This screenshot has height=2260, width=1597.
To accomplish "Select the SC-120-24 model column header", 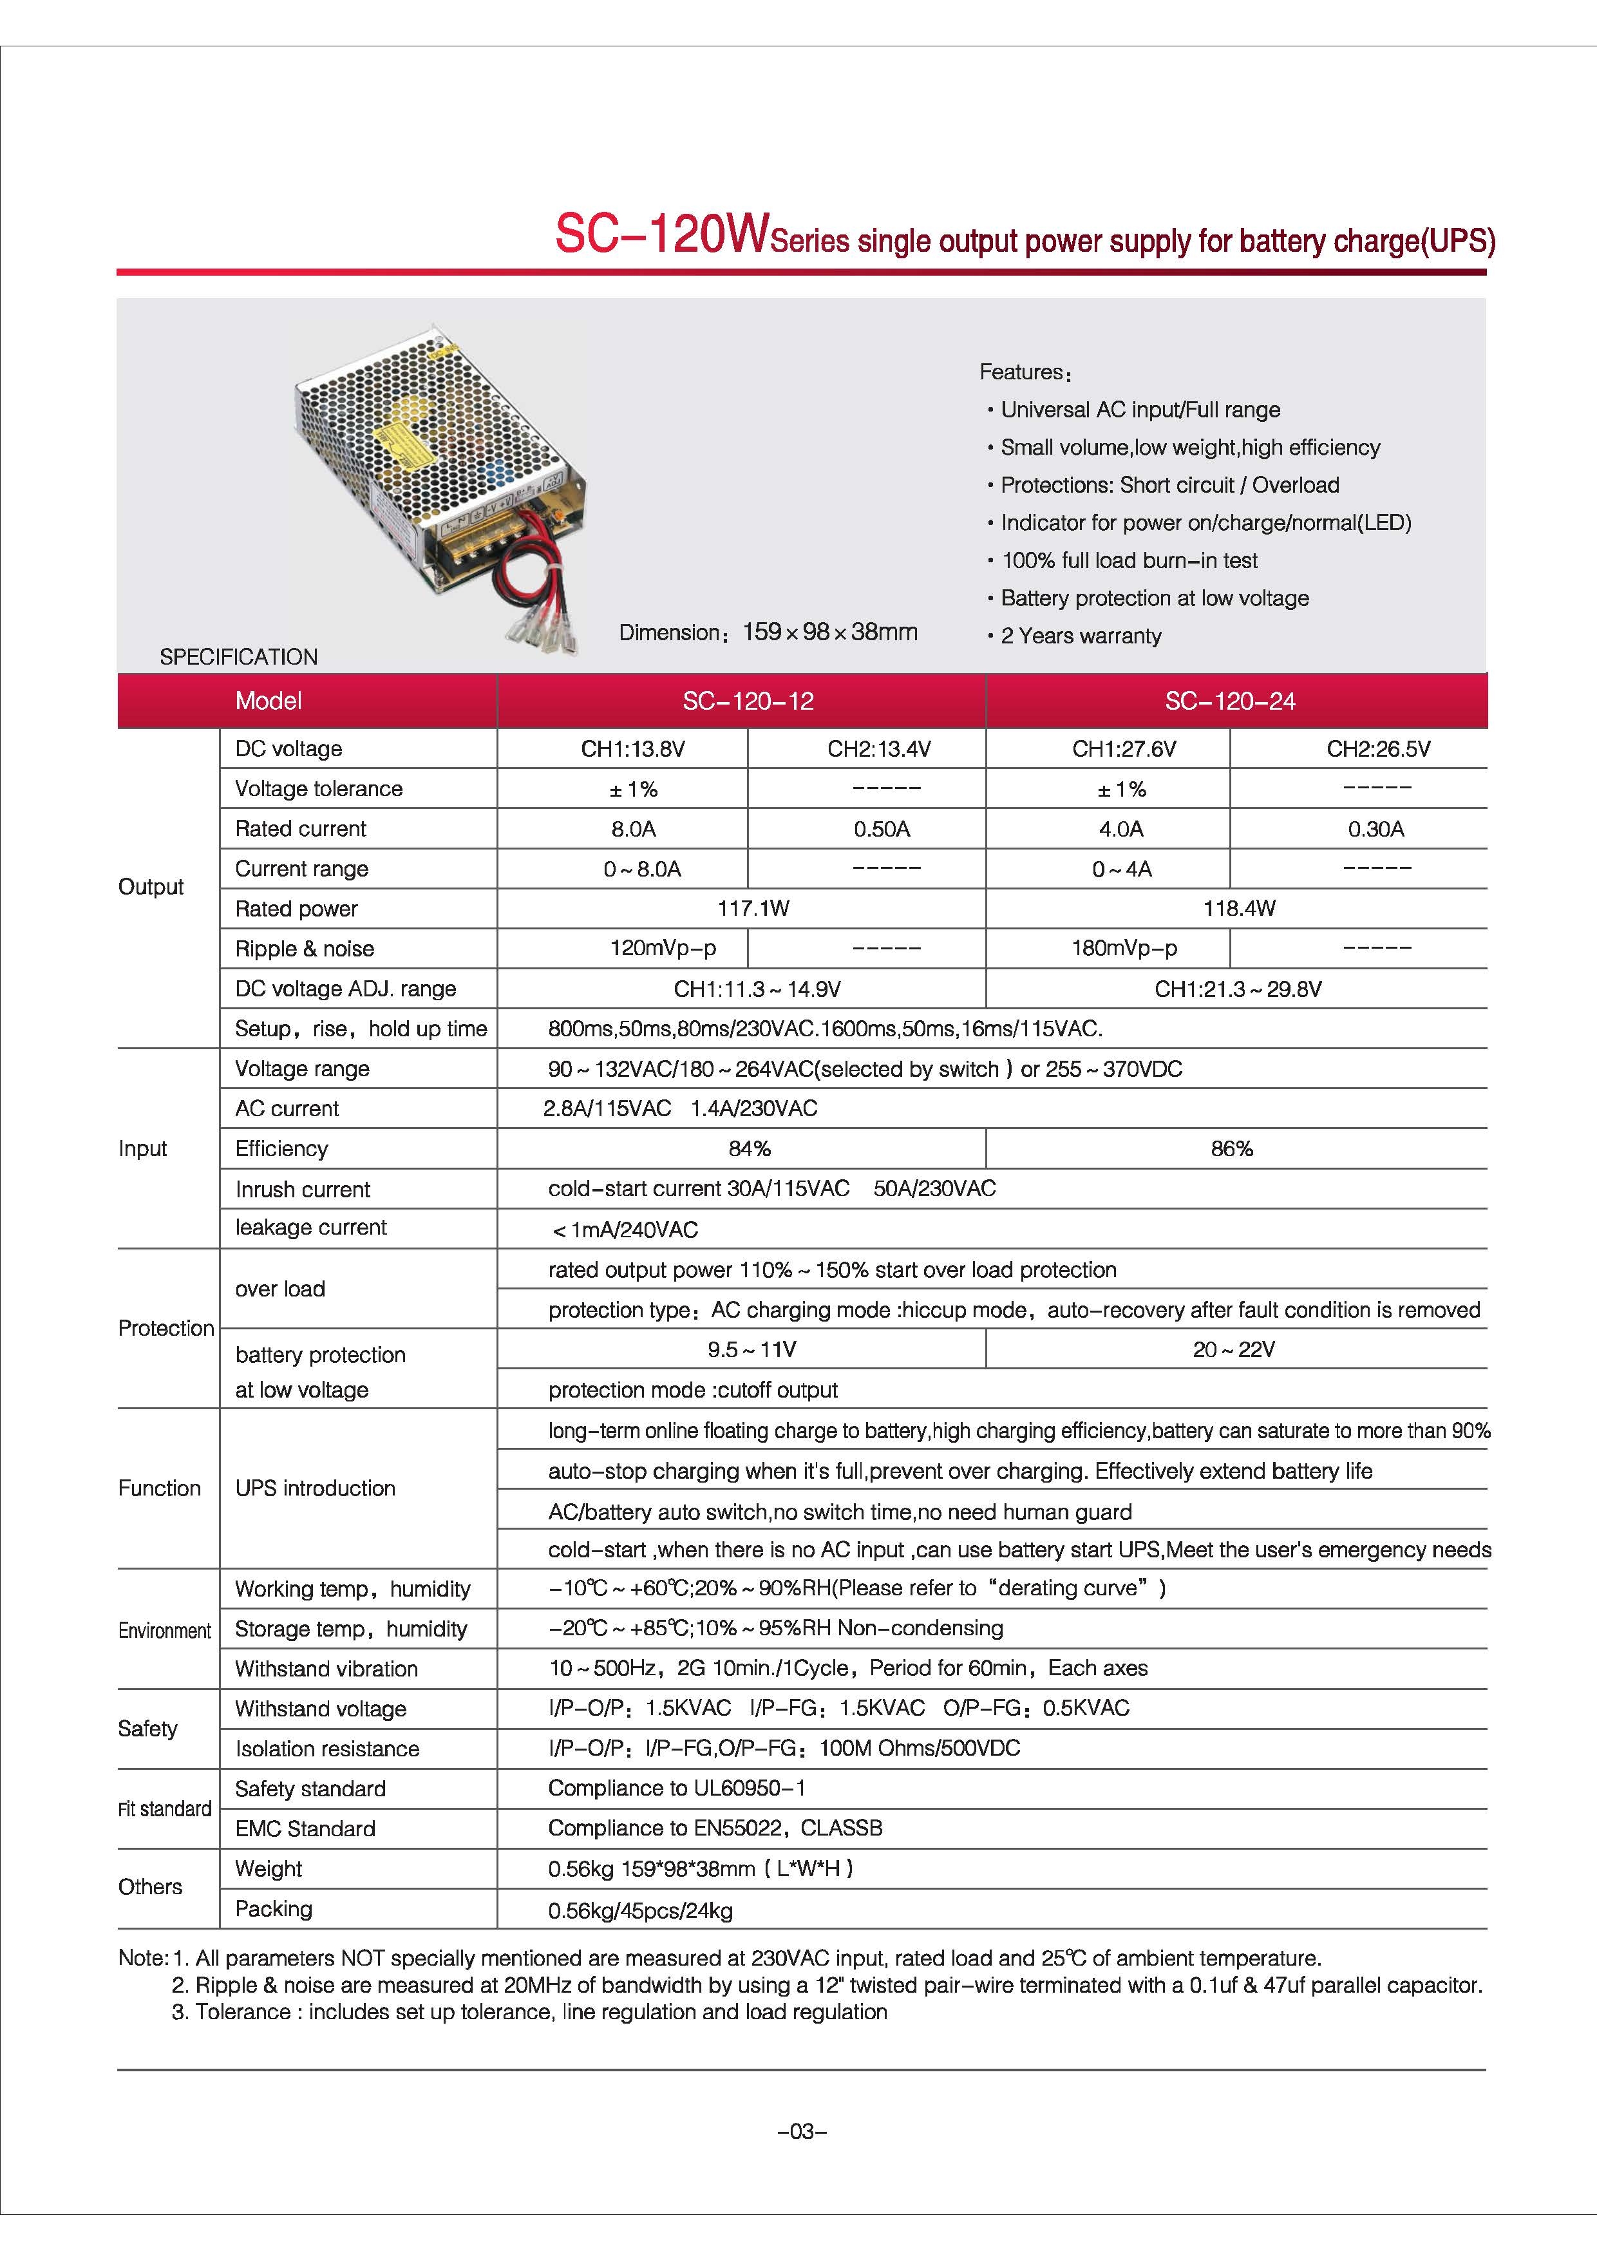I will tap(1229, 701).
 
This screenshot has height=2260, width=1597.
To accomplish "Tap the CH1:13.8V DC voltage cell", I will tap(633, 749).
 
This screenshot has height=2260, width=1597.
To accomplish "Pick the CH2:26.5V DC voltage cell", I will tap(1377, 749).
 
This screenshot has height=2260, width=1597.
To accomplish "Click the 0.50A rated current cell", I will tap(882, 829).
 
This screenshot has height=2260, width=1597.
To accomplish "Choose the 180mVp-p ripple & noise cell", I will tap(1124, 949).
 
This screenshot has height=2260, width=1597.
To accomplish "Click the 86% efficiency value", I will tap(1231, 1149).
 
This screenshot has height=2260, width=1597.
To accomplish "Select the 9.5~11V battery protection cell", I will tap(751, 1349).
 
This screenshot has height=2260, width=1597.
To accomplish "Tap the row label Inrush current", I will tap(302, 1189).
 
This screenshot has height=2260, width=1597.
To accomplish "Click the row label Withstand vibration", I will tap(326, 1668).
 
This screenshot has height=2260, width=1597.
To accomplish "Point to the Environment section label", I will tap(164, 1631).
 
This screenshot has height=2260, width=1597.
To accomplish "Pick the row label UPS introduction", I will tap(315, 1488).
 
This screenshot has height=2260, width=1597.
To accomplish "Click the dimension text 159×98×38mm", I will tap(829, 632).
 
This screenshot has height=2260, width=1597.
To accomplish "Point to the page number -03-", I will tap(802, 2131).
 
